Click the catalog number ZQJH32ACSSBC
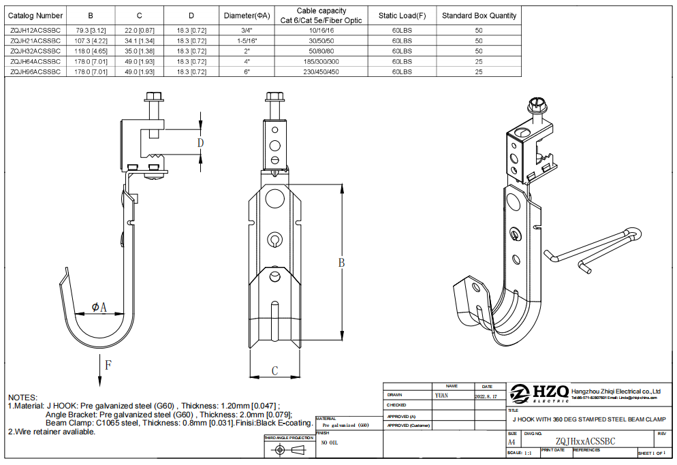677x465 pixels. coord(35,50)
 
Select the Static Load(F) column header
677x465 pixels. coord(402,15)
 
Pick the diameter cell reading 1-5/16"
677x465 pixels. coord(246,40)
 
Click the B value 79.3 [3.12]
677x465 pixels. coord(91,30)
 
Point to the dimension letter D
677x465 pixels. coord(201,142)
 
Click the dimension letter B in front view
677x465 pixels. coord(342,262)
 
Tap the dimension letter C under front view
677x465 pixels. coord(274,371)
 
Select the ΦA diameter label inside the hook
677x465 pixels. coord(99,308)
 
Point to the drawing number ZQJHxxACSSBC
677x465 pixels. coord(585,441)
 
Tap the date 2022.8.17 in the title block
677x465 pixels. coord(486,396)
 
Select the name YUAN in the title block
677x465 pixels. coord(441,395)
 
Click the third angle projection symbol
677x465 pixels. coord(289,451)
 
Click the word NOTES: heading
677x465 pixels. coord(24,397)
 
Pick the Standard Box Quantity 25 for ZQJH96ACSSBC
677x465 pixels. coord(479,71)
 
